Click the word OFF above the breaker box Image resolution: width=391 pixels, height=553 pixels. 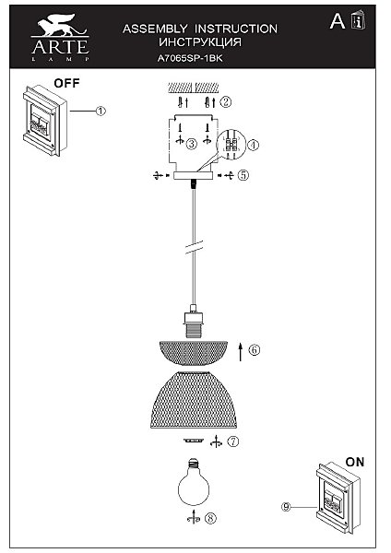pos(66,84)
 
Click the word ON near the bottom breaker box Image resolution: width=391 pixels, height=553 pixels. pos(355,462)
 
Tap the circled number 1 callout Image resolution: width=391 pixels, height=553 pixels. pos(101,112)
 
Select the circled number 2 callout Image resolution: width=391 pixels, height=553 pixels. pos(226,102)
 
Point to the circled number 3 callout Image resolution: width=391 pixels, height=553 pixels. pos(192,144)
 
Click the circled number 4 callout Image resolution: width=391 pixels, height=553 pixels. pos(254,145)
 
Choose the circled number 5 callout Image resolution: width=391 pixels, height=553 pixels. pos(243,175)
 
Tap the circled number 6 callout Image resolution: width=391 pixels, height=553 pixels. pos(255,350)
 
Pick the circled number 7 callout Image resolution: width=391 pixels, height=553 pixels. pos(233,441)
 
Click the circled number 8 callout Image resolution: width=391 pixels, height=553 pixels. pos(210,518)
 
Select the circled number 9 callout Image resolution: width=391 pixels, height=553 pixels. pos(286,507)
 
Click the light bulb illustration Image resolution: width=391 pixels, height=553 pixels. pos(194,482)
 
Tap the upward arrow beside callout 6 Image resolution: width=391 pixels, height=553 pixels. pos(241,352)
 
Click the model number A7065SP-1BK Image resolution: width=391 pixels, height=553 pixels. pos(190,58)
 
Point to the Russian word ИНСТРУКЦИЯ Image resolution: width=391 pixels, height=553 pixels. pos(200,42)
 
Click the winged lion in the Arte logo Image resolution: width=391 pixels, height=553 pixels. pos(60,25)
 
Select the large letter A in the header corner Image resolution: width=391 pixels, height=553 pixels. pos(338,21)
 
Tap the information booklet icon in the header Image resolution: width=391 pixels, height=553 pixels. pos(358,20)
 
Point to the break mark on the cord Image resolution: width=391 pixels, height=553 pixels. pos(194,247)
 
